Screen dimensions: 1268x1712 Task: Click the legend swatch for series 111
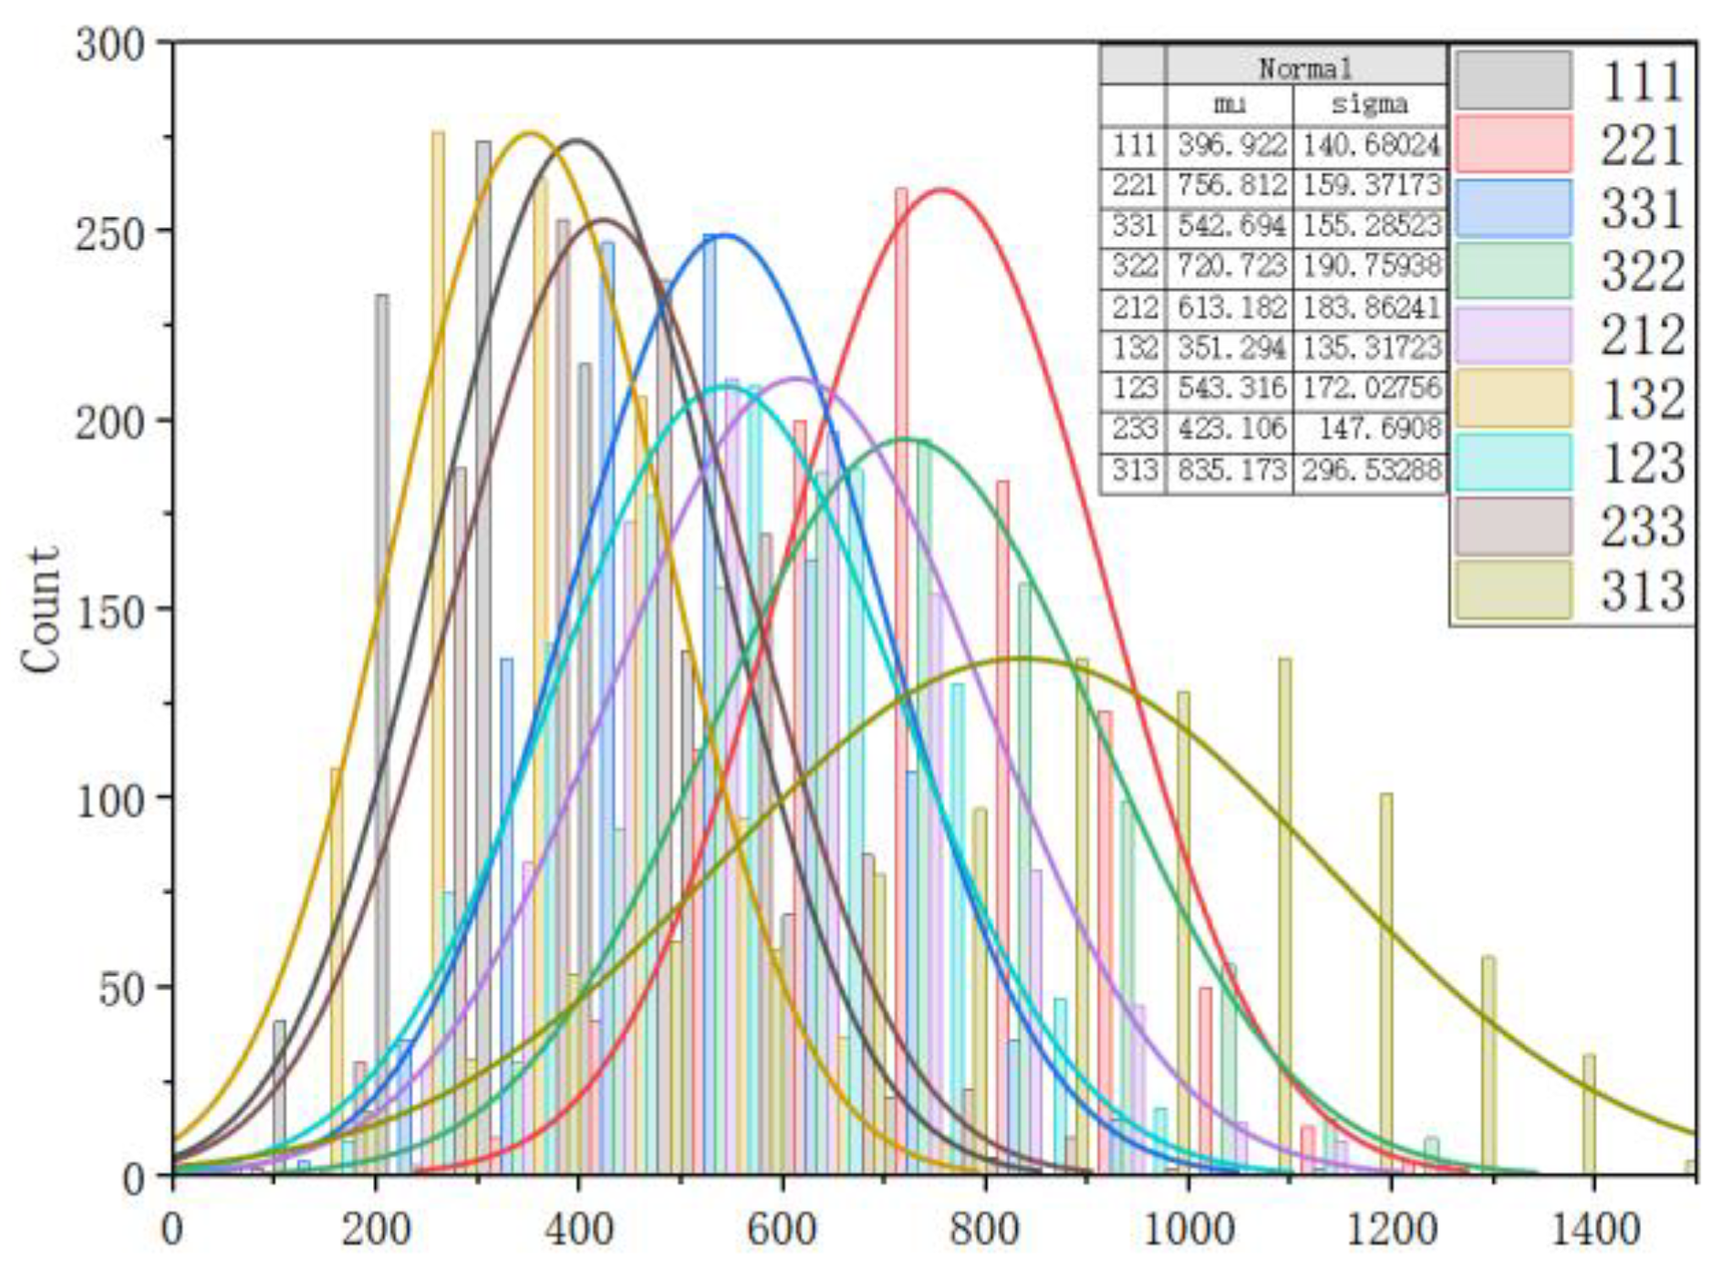[x=1512, y=80]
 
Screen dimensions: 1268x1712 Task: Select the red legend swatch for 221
[x=1512, y=143]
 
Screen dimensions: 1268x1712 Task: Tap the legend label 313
[x=1642, y=591]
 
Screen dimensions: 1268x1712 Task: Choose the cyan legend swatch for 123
[x=1512, y=463]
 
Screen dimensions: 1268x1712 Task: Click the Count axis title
[x=40, y=610]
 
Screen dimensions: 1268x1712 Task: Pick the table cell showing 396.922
[x=1230, y=145]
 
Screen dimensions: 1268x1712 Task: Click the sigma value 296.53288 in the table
[x=1370, y=471]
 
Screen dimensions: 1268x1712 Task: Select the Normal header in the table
[x=1304, y=68]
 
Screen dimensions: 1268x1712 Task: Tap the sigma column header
[x=1370, y=104]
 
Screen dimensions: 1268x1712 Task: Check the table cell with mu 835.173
[x=1230, y=471]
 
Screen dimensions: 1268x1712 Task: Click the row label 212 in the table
[x=1134, y=308]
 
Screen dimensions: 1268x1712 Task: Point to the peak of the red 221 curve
[x=941, y=191]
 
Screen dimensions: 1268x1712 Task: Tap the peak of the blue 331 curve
[x=723, y=236]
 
